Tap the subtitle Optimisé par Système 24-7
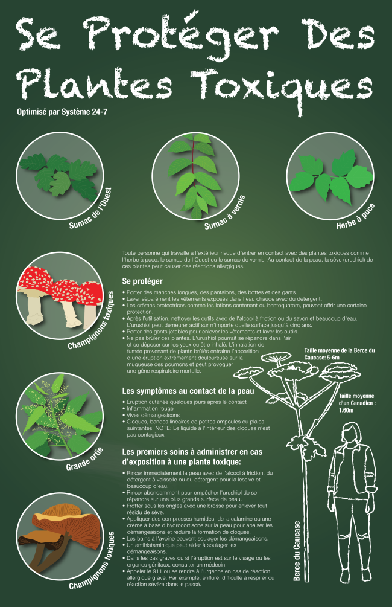click(62, 112)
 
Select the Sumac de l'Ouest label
click(91, 208)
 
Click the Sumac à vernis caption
click(225, 213)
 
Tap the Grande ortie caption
click(84, 459)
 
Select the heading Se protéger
click(142, 281)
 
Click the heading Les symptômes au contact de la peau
click(188, 391)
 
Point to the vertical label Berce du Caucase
click(297, 551)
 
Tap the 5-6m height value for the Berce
click(334, 358)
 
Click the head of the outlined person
click(352, 433)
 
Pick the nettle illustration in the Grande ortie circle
click(60, 416)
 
